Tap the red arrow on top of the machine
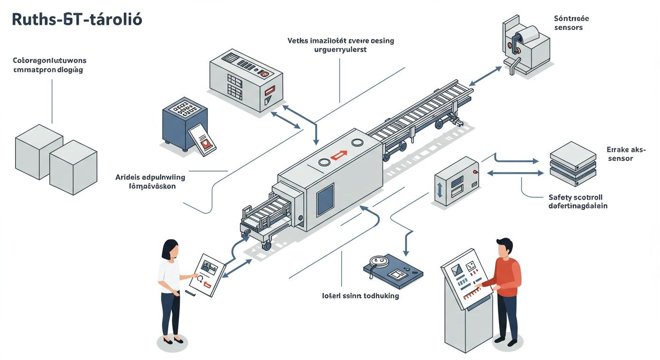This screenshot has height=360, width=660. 338,154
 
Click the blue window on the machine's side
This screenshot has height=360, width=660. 325,198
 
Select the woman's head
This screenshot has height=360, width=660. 171,250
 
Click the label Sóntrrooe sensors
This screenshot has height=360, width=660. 571,23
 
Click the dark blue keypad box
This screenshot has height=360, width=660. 184,125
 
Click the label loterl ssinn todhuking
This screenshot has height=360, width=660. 360,296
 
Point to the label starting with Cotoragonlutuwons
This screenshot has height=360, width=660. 49,65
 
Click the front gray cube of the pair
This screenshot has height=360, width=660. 73,167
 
